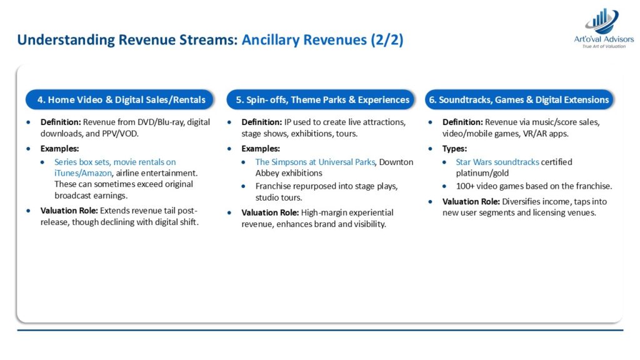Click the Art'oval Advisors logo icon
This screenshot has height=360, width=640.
pos(602,21)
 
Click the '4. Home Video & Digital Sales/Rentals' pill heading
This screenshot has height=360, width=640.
pos(119,99)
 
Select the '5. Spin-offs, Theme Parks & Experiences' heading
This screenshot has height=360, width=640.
pos(321,99)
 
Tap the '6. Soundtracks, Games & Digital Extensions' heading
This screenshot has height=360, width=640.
pos(519,99)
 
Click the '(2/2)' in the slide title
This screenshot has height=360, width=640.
pos(387,40)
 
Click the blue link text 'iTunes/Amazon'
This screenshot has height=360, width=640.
pos(83,173)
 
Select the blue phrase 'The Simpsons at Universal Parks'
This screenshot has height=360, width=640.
pos(315,162)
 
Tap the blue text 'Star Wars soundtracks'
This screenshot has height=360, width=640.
pos(497,162)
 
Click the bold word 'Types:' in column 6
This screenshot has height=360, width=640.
pos(454,149)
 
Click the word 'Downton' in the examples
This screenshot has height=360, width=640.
pos(396,162)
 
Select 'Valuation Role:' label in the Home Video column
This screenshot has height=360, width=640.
pos(69,211)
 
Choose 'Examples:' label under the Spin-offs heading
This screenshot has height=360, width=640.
pos(261,149)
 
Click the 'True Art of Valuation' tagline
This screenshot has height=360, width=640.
pos(604,46)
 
